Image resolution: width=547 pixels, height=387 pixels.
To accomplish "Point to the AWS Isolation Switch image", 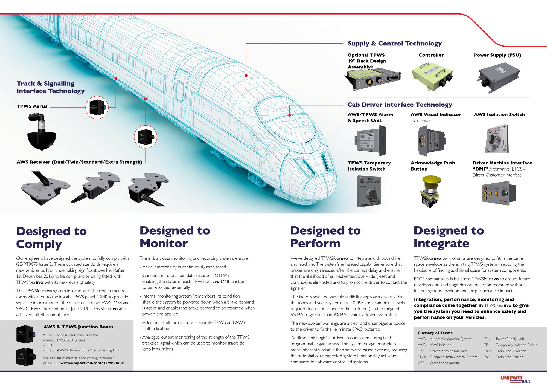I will click(497, 139).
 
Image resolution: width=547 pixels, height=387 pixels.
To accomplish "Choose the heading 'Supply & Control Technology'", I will click(394, 44).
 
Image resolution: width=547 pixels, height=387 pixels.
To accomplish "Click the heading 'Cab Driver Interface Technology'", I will click(400, 105).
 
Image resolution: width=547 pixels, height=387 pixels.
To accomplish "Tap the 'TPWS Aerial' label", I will click(32, 106).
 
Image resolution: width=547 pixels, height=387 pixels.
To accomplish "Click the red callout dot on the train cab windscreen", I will click(290, 115).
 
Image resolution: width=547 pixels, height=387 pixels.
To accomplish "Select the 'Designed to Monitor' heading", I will click(175, 237).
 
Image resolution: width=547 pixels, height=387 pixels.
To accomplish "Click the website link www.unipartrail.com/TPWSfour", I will click(92, 363).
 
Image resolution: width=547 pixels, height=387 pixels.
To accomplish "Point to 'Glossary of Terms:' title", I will click(435, 333).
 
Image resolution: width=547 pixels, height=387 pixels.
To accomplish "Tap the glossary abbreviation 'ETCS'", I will click(421, 357).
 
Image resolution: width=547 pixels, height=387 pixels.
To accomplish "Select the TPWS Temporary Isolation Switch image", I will click(369, 191).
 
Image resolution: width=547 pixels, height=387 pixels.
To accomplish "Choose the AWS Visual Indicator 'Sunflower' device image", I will click(431, 141).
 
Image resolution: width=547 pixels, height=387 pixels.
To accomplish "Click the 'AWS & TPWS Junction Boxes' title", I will click(78, 327).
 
